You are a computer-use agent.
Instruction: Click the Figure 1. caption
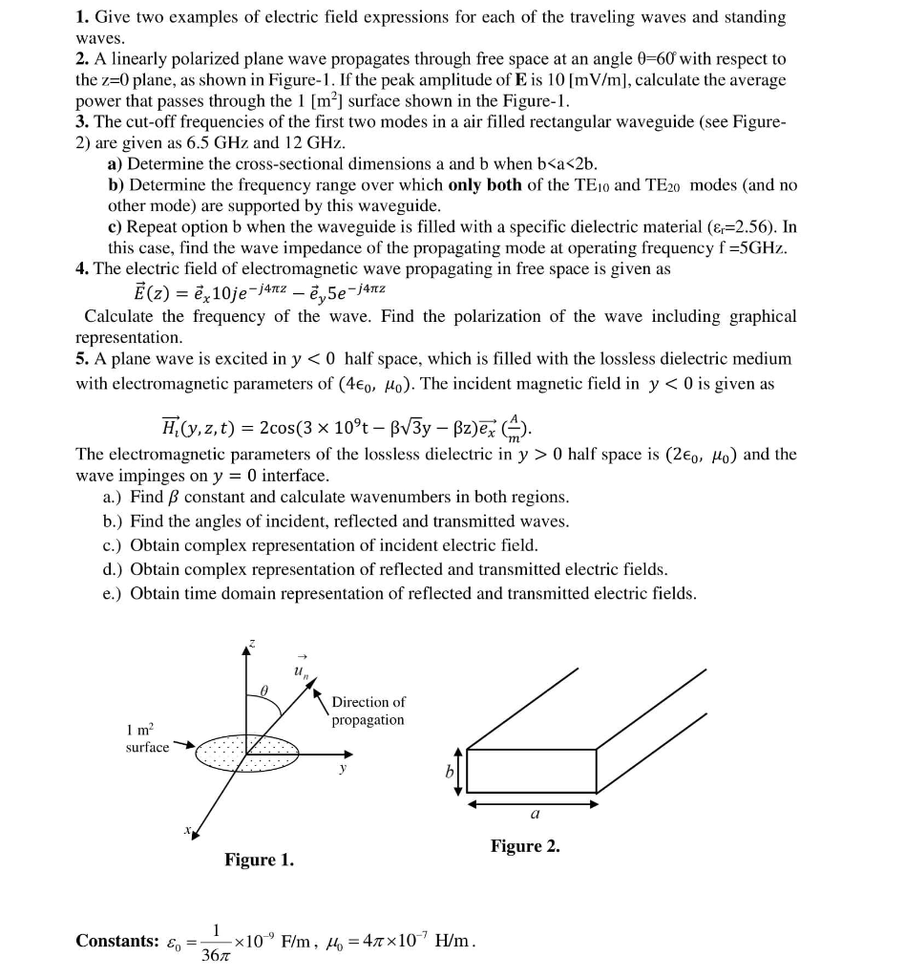coord(259,861)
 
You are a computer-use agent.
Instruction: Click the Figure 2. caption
coord(525,846)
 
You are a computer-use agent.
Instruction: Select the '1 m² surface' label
coord(146,738)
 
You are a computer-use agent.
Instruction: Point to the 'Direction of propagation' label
coord(368,711)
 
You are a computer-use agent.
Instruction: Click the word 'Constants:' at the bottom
coord(117,941)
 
